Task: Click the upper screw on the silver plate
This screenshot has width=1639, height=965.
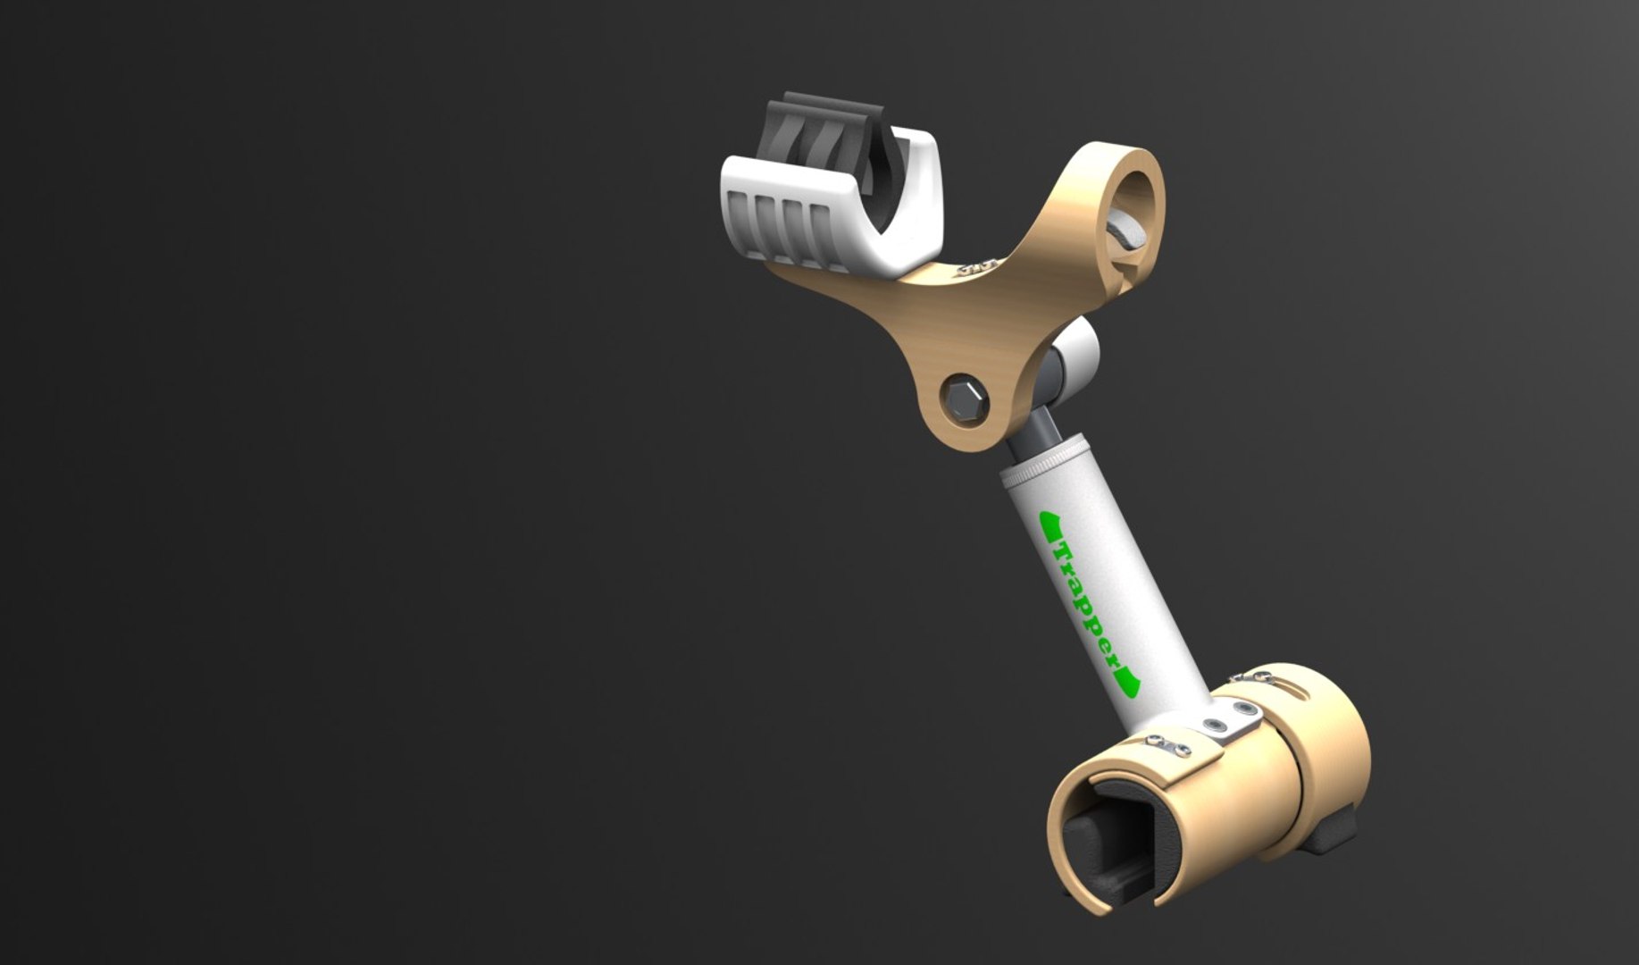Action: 1244,709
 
